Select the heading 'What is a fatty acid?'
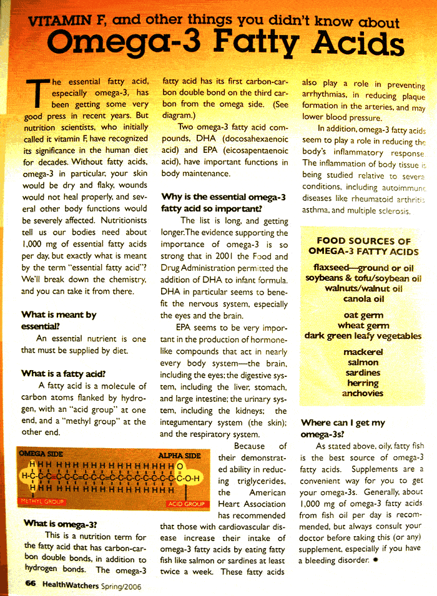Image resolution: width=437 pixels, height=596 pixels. [x=62, y=373]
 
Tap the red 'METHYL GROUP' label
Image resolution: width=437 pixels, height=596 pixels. [x=42, y=501]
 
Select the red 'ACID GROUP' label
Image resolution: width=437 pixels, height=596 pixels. [x=186, y=503]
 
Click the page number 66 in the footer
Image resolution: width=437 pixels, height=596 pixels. [x=30, y=583]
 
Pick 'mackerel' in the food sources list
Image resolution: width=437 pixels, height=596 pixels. [x=363, y=353]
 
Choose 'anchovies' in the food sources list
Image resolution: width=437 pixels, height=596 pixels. [x=363, y=393]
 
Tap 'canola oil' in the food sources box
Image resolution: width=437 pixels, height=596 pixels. [x=363, y=298]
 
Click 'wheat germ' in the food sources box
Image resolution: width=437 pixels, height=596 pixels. [x=363, y=326]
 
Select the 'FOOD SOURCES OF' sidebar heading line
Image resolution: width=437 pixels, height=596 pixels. [x=363, y=241]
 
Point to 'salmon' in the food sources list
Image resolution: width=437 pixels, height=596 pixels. [x=363, y=363]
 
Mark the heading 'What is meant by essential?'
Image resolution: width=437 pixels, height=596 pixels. [x=59, y=320]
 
